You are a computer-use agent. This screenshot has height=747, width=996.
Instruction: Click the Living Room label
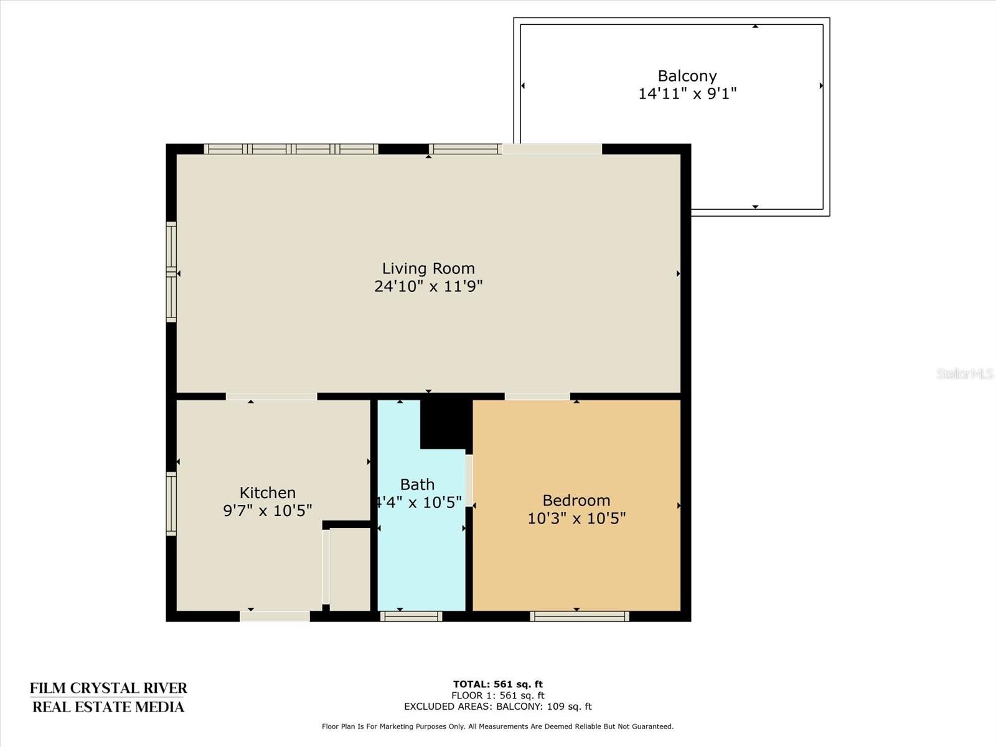point(428,268)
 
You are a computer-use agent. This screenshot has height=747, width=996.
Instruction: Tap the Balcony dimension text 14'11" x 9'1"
point(687,94)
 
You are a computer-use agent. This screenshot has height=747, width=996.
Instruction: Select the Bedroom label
point(576,500)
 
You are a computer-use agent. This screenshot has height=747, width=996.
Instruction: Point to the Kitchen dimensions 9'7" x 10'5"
point(268,510)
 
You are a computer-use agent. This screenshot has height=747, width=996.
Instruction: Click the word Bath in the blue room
point(417,484)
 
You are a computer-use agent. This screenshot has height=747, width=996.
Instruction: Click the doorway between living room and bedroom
point(537,396)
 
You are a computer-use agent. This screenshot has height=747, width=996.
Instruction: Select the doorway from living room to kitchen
point(271,396)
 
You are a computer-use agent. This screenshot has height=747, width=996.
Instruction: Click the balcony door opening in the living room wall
point(552,149)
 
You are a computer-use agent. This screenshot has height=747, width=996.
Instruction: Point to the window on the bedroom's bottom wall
point(580,616)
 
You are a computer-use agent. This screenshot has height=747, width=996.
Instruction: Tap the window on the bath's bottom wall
point(411,616)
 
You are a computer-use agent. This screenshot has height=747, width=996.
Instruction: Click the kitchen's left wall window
point(171,503)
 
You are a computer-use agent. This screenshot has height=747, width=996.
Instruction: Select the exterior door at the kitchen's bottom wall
point(275,616)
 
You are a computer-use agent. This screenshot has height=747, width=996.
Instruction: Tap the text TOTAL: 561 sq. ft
point(497,684)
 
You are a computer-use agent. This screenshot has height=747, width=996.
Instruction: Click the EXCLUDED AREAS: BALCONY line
point(497,707)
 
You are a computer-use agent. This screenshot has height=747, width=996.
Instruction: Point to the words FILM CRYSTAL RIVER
point(108,688)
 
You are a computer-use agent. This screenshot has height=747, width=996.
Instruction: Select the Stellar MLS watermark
point(964,374)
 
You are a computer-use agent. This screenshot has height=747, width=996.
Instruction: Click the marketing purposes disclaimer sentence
point(497,726)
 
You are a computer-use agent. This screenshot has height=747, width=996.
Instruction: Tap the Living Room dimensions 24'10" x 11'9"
point(428,286)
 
